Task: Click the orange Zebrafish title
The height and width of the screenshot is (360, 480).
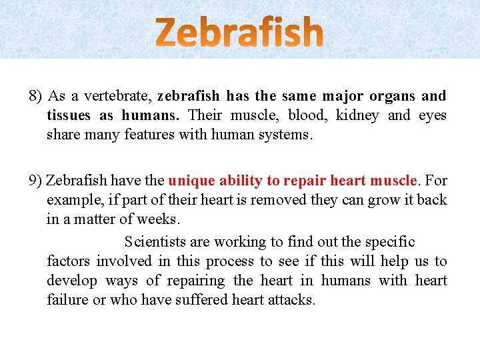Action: click(x=240, y=32)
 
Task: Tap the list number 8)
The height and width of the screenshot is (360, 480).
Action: click(x=36, y=96)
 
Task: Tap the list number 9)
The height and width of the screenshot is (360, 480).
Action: click(x=36, y=181)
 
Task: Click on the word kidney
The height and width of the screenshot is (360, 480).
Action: click(x=357, y=115)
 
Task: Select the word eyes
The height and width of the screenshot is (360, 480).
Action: click(x=432, y=115)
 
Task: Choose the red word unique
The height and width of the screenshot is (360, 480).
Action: click(x=191, y=181)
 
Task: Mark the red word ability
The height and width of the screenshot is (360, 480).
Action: click(x=241, y=181)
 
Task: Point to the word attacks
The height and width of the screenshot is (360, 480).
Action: click(x=291, y=299)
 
